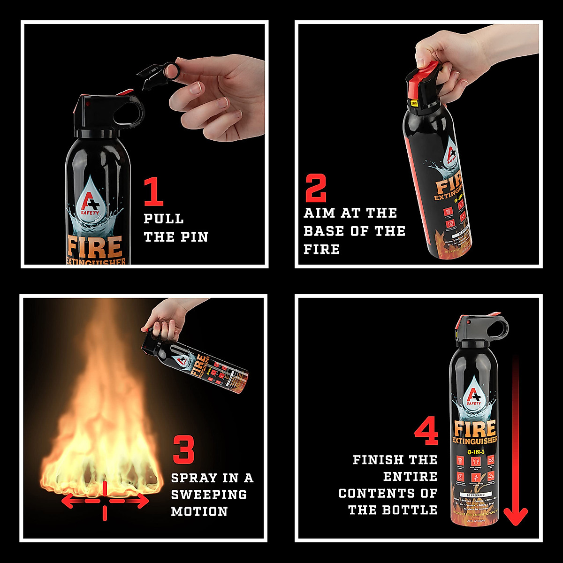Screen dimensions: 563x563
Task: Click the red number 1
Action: (x=154, y=191)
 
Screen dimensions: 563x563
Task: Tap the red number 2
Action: (x=315, y=188)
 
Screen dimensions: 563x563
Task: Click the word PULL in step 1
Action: (x=163, y=219)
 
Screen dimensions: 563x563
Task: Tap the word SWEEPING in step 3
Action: (x=209, y=495)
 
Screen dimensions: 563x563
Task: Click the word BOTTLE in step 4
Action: (x=410, y=510)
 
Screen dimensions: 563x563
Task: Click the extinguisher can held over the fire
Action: (x=202, y=366)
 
